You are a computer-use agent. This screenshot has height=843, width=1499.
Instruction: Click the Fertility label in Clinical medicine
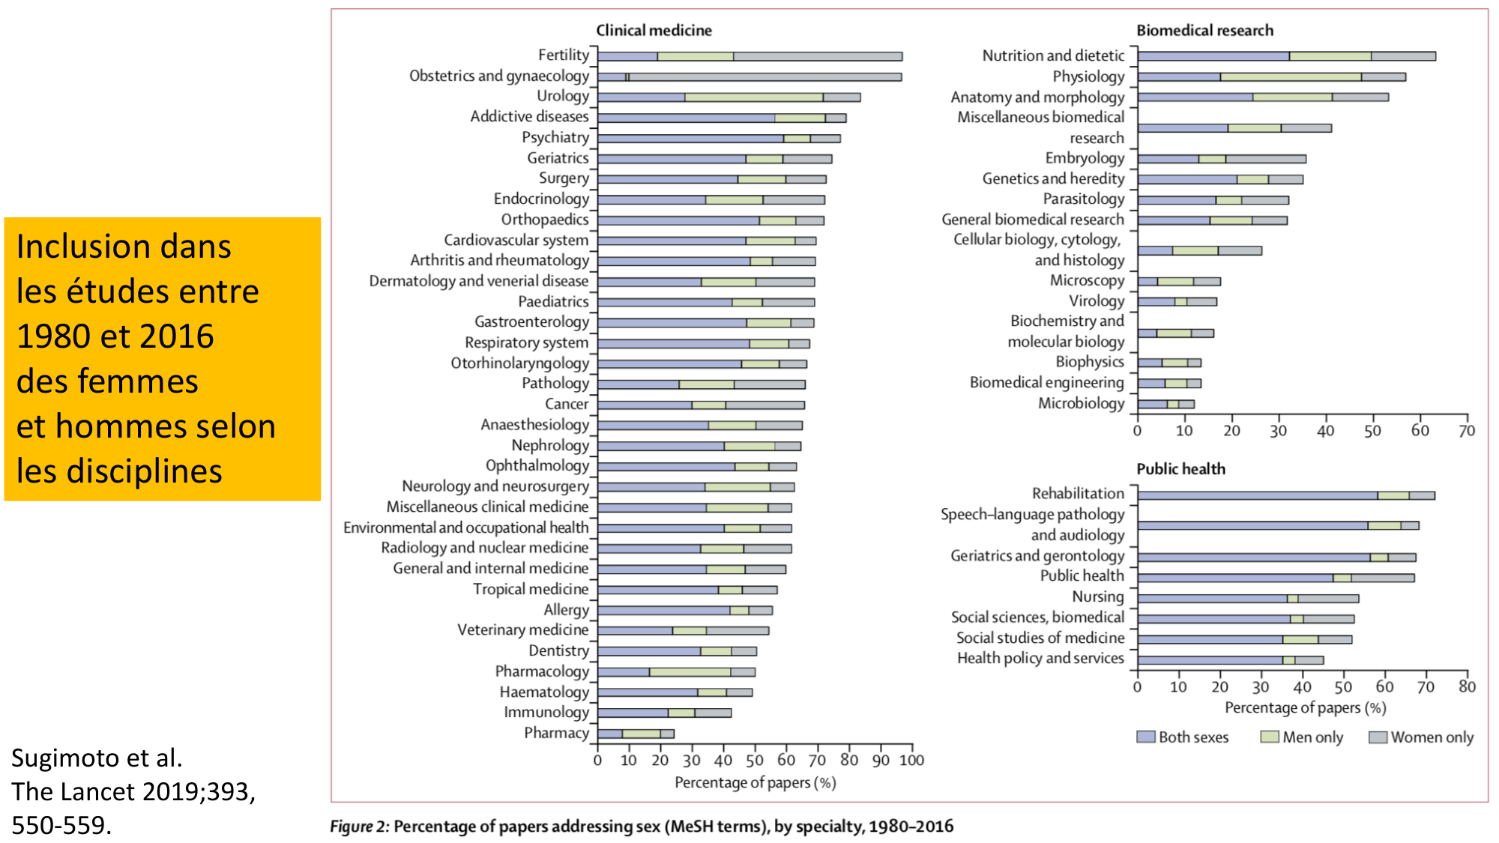point(564,55)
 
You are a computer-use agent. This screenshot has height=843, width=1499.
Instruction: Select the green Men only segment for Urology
point(753,97)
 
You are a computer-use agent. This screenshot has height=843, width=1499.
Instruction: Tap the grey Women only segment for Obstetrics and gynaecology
point(764,76)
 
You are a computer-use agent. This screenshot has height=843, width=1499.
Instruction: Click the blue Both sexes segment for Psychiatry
point(690,139)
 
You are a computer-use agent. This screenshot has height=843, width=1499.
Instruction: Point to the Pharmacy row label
point(556,733)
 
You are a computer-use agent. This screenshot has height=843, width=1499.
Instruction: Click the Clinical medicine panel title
point(654,31)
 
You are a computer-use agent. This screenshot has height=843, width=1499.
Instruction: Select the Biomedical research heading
point(1204,31)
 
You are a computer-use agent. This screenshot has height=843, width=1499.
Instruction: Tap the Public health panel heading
point(1180,469)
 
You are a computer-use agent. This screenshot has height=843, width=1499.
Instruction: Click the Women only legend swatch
point(1378,737)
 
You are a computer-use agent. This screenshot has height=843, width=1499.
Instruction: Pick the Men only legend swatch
point(1270,737)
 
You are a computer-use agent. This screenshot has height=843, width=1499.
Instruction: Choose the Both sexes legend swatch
point(1145,737)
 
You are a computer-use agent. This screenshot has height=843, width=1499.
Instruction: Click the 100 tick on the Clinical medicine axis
point(911,761)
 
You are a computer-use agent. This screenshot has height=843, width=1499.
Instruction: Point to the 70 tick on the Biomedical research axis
point(1467,431)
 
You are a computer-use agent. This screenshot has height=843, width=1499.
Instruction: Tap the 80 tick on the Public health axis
point(1467,687)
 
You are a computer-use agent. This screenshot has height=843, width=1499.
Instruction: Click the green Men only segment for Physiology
point(1291,76)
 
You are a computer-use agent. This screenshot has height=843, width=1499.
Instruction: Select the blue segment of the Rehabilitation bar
point(1257,495)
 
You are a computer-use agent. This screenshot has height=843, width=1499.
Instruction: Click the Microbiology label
point(1081,403)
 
